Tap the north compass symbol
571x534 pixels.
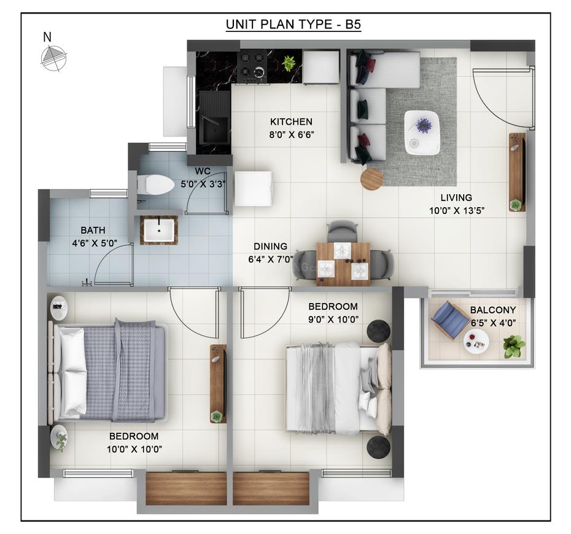click(52, 58)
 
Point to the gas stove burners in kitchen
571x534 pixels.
click(252, 66)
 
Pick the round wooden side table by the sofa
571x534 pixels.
click(371, 179)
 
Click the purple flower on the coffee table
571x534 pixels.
click(424, 125)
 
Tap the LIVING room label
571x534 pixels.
click(456, 198)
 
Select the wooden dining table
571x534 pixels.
click(343, 264)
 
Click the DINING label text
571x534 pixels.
click(267, 246)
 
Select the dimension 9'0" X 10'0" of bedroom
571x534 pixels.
click(333, 320)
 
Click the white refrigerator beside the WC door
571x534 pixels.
click(252, 189)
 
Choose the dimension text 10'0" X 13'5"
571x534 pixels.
click(456, 211)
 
